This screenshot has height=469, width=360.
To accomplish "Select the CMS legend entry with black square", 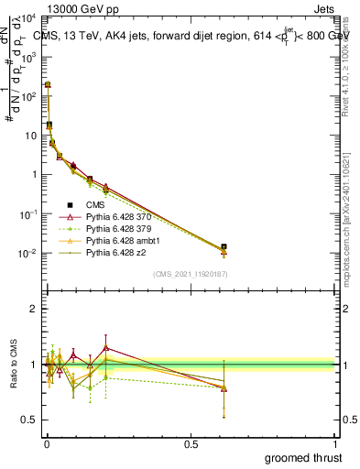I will tap(97, 204).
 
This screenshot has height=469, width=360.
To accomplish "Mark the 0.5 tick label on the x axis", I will tap(191, 443).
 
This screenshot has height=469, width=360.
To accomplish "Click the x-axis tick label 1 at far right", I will tap(335, 443).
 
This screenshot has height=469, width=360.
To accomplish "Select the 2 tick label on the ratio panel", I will tap(33, 309).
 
